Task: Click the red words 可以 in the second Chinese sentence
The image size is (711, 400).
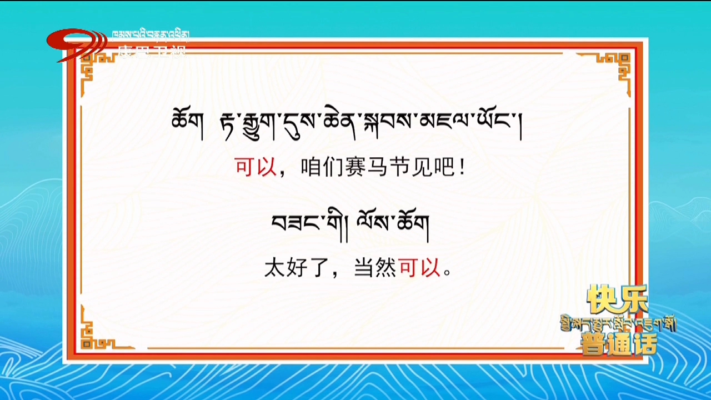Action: pos(419,269)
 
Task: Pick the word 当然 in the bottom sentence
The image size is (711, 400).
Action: pos(375,269)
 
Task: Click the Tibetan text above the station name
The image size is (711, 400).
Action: pos(151,36)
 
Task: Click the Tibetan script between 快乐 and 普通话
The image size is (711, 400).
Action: pos(618,324)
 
